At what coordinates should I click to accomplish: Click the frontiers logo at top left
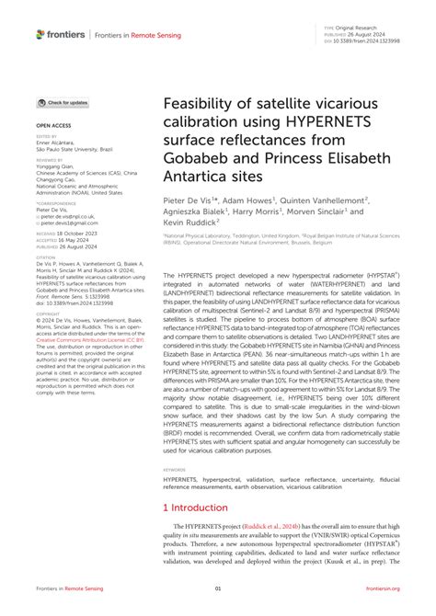click(x=61, y=35)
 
